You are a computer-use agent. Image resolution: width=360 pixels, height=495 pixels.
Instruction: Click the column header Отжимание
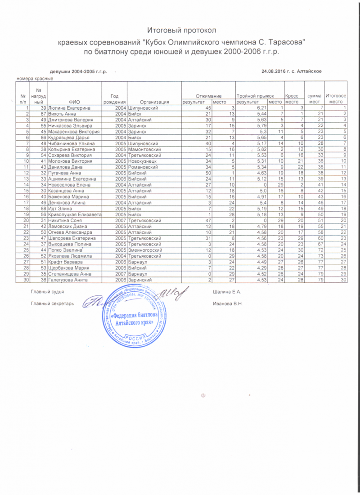[208, 96]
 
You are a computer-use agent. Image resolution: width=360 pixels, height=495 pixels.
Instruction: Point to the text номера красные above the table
[35, 78]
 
